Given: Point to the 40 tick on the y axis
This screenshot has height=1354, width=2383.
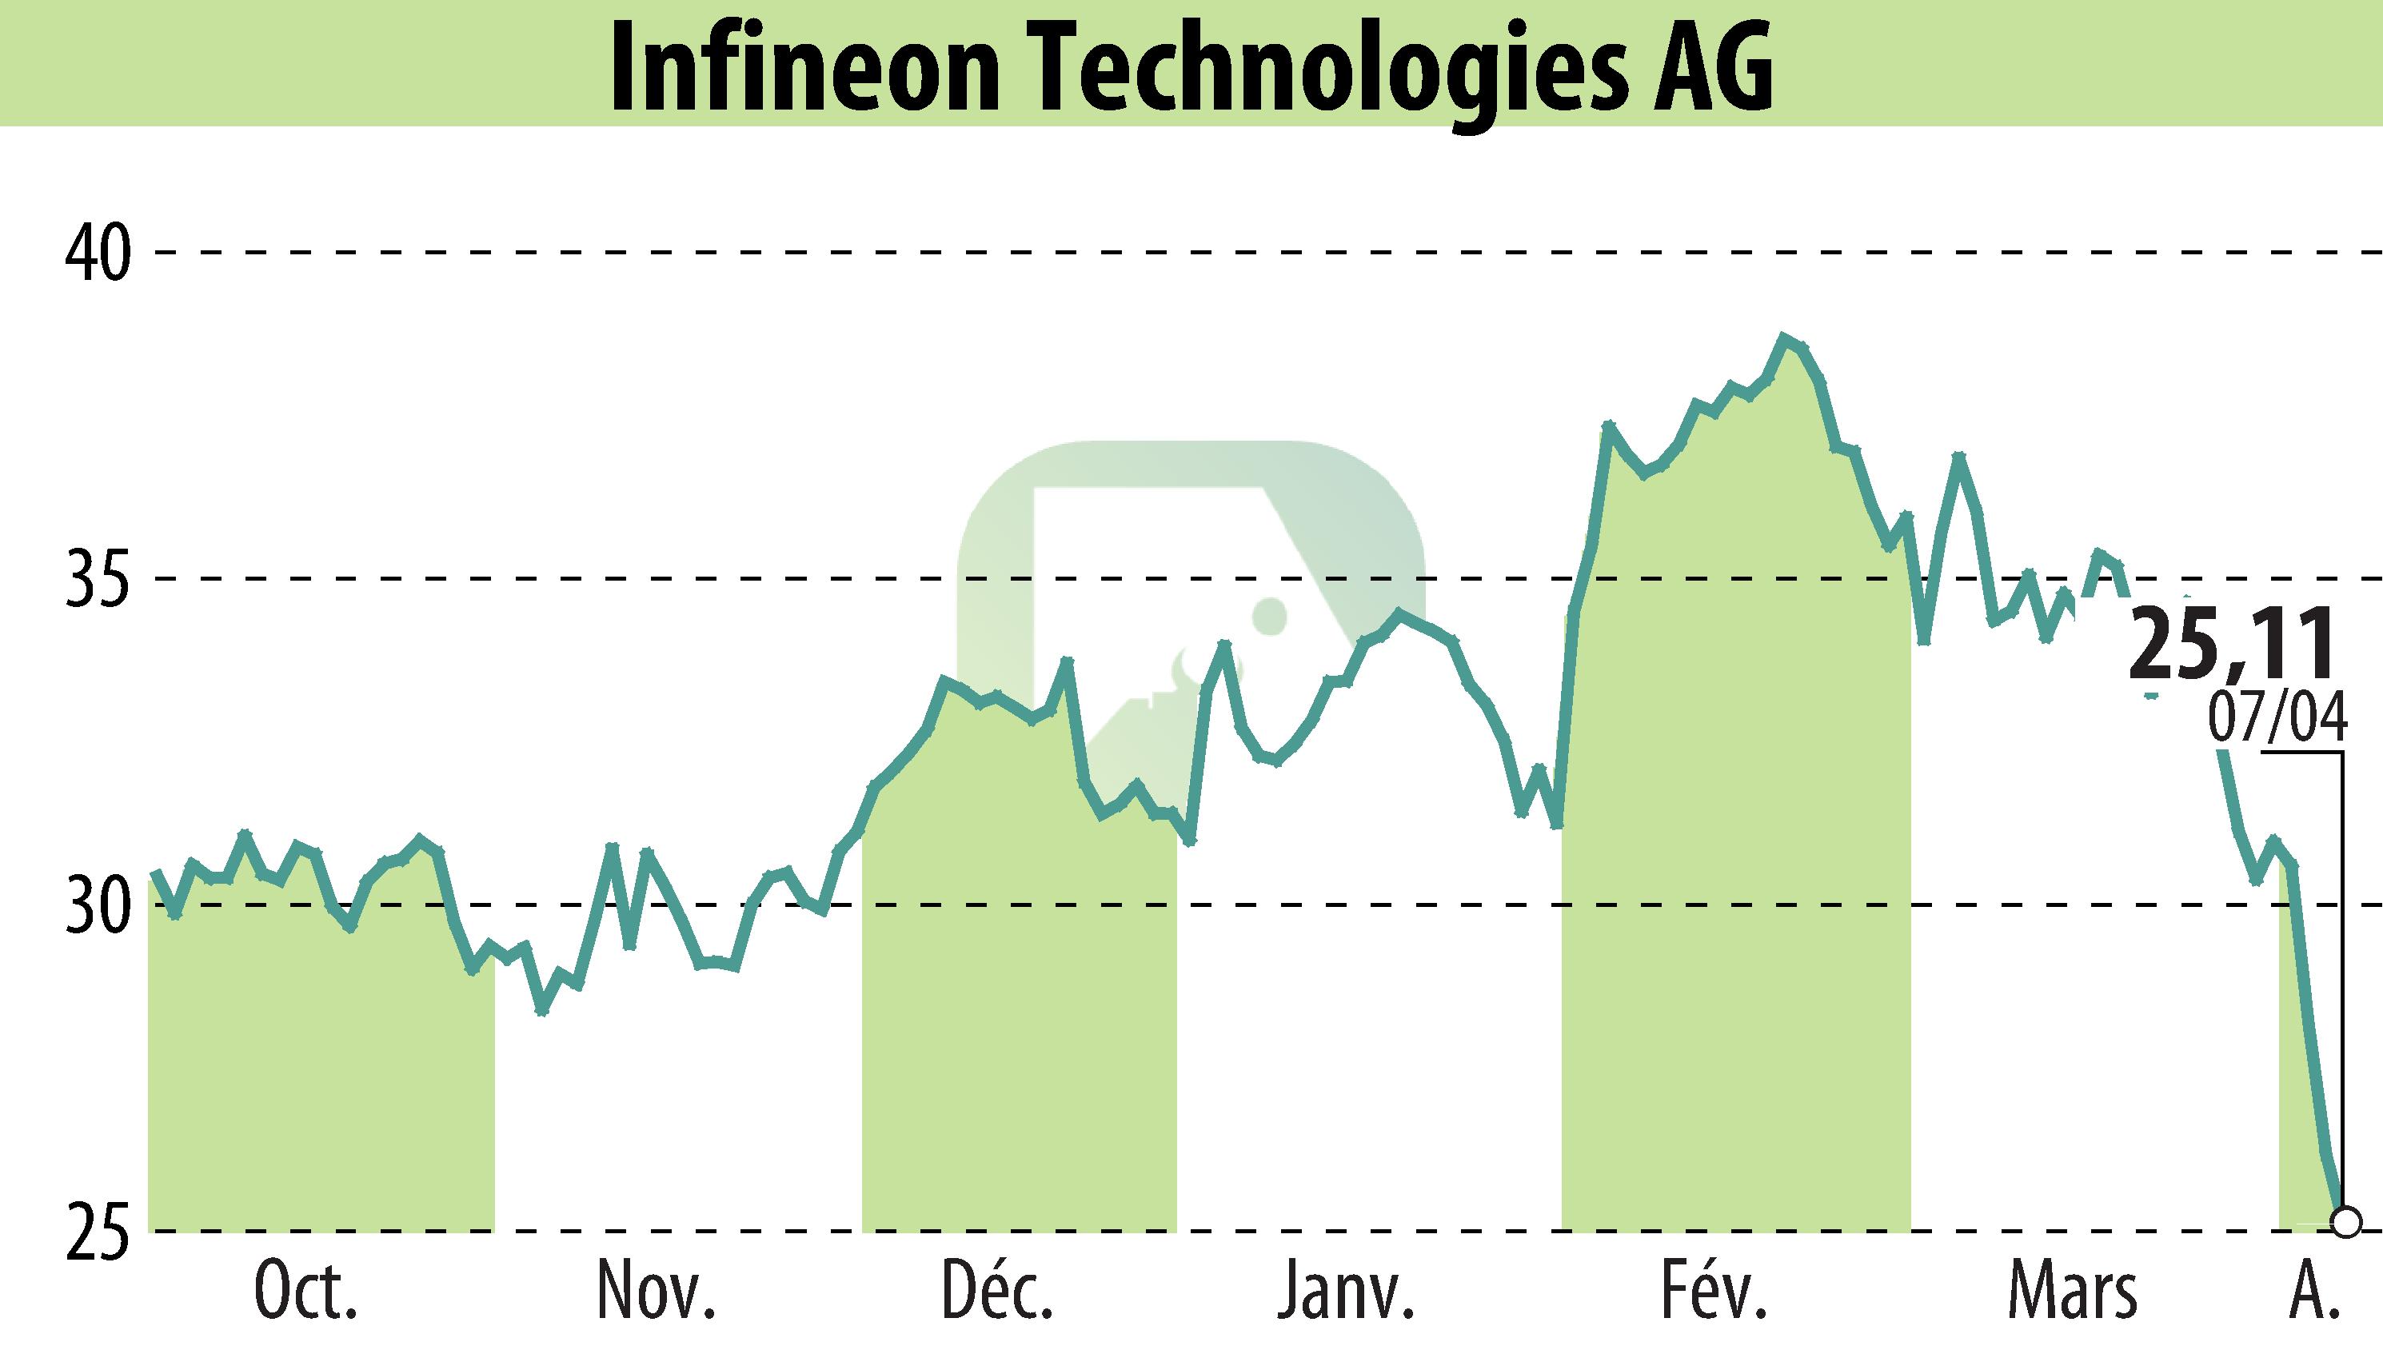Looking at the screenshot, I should coord(96,252).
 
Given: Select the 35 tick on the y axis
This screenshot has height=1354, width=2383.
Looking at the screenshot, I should coord(96,578).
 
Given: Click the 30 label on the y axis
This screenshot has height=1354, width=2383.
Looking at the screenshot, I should coord(96,905).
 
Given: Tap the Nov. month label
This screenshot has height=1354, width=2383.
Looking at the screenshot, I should coord(656,1292).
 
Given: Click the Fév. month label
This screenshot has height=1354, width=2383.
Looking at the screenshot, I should coord(1714,1292).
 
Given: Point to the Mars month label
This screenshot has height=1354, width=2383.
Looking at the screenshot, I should coord(2073,1292).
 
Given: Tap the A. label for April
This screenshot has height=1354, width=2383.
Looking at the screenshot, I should coord(2309,1292).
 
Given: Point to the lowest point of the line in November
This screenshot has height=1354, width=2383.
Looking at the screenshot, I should coord(543,1011).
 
